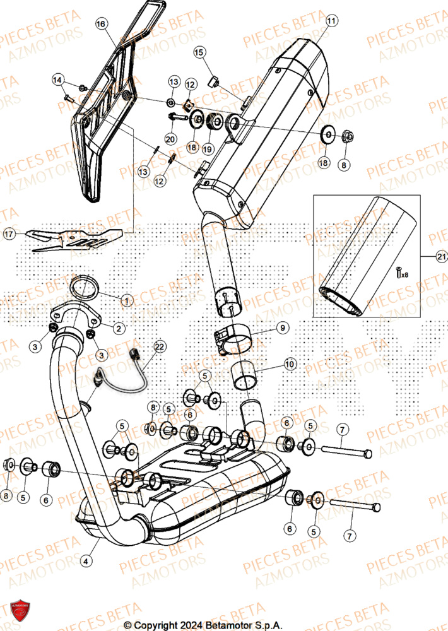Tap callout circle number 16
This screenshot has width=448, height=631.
click(x=100, y=23)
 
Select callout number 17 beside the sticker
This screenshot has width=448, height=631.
click(x=9, y=234)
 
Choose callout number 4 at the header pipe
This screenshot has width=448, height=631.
click(x=86, y=558)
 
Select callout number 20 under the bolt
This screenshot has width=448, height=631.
click(x=170, y=138)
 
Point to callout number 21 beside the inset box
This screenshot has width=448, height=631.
click(x=440, y=256)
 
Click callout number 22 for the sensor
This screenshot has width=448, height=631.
click(x=159, y=346)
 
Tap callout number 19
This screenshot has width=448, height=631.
click(x=208, y=149)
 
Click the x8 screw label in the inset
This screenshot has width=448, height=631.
click(x=400, y=273)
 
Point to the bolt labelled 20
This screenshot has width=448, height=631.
click(x=179, y=117)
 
